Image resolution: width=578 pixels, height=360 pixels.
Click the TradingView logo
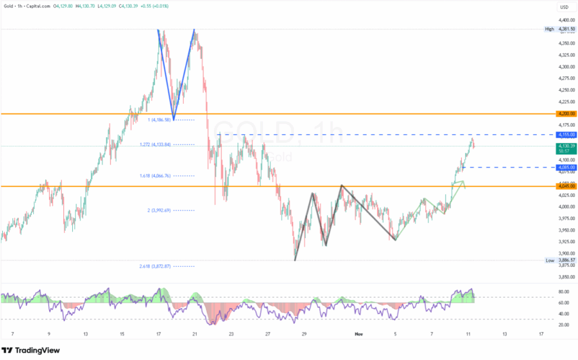click(x=30, y=350)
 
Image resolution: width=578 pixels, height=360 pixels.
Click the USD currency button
click(x=563, y=7)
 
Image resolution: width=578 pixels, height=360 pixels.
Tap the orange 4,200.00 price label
click(x=566, y=113)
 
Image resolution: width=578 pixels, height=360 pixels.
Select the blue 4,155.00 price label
click(x=566, y=135)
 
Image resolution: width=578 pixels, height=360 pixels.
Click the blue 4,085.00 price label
click(x=566, y=168)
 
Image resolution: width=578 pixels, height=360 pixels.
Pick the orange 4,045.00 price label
click(x=566, y=186)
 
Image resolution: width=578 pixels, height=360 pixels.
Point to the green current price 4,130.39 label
click(x=566, y=146)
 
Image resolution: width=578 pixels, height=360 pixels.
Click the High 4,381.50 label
click(x=559, y=29)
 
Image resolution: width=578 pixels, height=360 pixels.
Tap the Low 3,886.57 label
click(x=559, y=260)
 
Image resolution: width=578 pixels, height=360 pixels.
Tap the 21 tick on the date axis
click(x=195, y=334)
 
